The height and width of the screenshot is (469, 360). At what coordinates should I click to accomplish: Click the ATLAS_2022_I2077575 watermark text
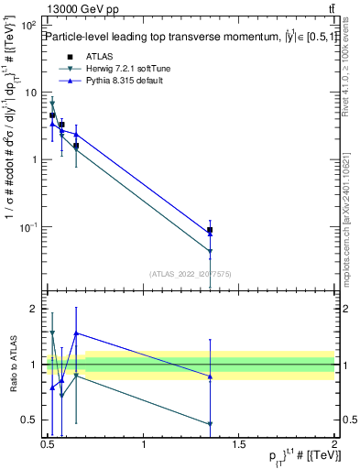(190, 273)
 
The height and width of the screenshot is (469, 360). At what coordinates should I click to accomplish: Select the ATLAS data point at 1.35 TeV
(211, 230)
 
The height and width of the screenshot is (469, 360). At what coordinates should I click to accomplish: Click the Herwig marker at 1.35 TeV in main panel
(211, 251)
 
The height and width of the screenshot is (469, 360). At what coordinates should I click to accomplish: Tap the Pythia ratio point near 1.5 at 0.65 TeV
(76, 333)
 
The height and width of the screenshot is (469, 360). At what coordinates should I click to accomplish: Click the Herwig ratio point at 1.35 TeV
(211, 424)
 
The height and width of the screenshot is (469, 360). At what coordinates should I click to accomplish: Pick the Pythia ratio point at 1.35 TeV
(211, 376)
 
